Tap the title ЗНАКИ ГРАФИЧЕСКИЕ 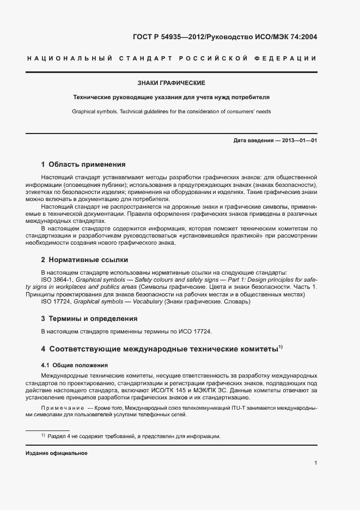coord(172,83)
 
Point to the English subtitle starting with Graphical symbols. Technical coord(172,111)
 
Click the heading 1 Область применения coord(83,164)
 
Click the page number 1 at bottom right coord(316,463)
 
